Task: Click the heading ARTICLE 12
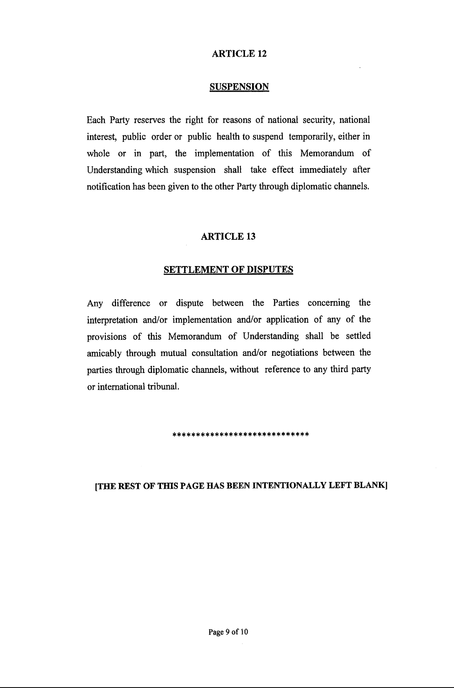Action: [x=239, y=54]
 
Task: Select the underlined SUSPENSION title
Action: [x=239, y=87]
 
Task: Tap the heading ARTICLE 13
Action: [x=228, y=236]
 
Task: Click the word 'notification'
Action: [x=109, y=186]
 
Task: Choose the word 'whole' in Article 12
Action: [x=98, y=154]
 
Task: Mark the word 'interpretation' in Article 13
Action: [x=112, y=320]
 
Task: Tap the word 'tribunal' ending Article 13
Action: [x=161, y=387]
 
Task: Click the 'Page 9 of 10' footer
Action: [x=228, y=632]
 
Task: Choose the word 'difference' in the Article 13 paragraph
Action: [x=131, y=303]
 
